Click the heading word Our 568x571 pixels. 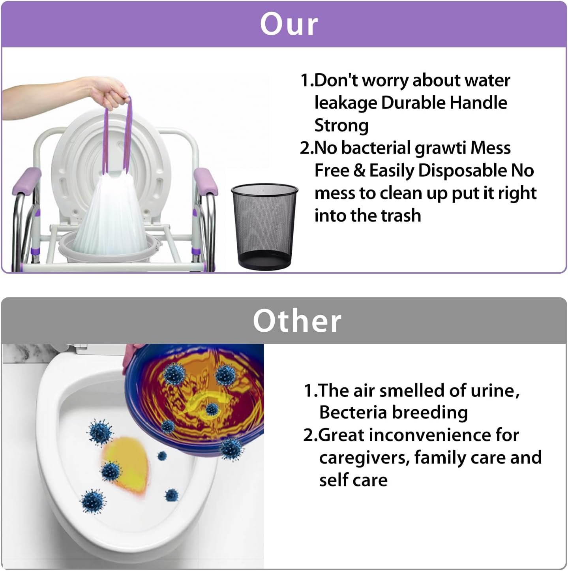tap(289, 24)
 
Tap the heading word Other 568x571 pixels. tap(297, 321)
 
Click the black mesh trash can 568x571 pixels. tap(264, 226)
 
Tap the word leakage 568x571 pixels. tap(345, 103)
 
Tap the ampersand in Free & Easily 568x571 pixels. tap(359, 171)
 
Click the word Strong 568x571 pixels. tap(341, 126)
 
